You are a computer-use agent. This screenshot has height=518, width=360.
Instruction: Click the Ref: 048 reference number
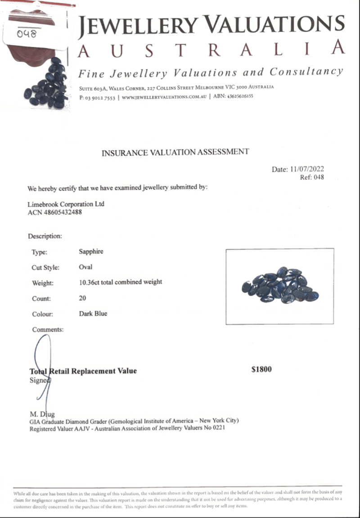point(312,177)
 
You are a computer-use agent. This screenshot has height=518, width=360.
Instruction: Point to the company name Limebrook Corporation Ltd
point(66,204)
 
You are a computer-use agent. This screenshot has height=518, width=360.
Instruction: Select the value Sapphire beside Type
point(91,252)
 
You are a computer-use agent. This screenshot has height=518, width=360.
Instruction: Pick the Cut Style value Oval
point(85,267)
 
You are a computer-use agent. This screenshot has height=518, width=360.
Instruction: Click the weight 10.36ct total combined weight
point(120,282)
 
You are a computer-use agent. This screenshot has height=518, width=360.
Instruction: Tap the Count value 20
point(82,298)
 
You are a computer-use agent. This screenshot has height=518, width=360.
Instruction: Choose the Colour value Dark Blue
point(93,314)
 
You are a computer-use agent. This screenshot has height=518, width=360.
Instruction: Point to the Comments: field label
point(48,330)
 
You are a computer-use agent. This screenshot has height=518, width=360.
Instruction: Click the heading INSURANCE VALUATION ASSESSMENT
point(175,152)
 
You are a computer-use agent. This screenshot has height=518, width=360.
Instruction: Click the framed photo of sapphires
point(279,286)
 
